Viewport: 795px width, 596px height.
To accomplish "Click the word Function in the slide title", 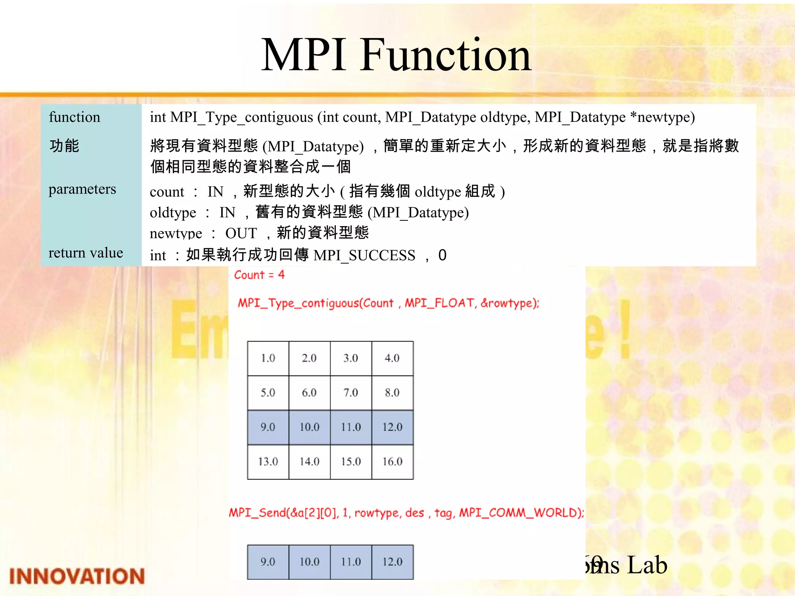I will click(446, 55).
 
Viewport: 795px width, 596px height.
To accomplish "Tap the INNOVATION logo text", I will click(77, 576).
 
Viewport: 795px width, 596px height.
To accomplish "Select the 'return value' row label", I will click(86, 253).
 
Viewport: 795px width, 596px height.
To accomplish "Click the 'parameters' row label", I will click(82, 189).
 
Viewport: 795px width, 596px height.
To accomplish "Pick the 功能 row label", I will click(64, 146).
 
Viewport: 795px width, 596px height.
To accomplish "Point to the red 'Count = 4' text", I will click(259, 275).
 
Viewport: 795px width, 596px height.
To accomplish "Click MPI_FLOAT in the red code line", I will click(440, 303).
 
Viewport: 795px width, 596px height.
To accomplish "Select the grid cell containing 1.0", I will click(268, 358).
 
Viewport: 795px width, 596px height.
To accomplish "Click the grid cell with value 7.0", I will click(351, 393).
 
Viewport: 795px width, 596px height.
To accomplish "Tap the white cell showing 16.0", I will click(392, 461).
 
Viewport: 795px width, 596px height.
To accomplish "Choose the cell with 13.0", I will click(268, 461).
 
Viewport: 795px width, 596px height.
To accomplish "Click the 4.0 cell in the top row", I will click(392, 358).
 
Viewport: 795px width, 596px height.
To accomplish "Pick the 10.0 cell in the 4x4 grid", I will click(309, 427).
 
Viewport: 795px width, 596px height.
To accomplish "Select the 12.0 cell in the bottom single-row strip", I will click(392, 562).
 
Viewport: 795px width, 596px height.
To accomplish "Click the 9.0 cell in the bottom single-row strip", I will click(268, 562).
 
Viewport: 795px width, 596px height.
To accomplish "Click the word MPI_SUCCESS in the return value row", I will click(364, 255).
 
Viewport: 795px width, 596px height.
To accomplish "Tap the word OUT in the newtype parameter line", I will click(241, 233).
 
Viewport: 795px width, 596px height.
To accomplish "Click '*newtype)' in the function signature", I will click(662, 117).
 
